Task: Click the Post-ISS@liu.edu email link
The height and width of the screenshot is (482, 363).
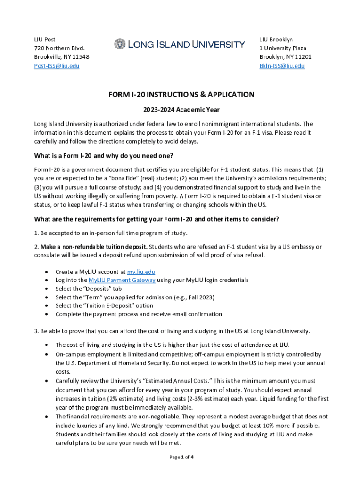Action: coord(57,66)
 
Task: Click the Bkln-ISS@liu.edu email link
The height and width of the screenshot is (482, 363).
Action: coord(282,66)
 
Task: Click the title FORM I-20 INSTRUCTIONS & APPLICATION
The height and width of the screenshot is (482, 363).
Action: coord(181,95)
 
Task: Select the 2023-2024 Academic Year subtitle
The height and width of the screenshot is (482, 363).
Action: coord(181,110)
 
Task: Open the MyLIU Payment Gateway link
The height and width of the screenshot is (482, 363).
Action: coord(122,280)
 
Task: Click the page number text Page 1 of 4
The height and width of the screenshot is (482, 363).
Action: coord(181,457)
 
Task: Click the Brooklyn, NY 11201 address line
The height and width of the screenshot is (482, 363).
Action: coord(285,57)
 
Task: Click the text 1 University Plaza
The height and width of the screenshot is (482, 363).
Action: coord(283,48)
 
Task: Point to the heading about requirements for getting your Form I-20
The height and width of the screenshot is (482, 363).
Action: coord(157,219)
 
